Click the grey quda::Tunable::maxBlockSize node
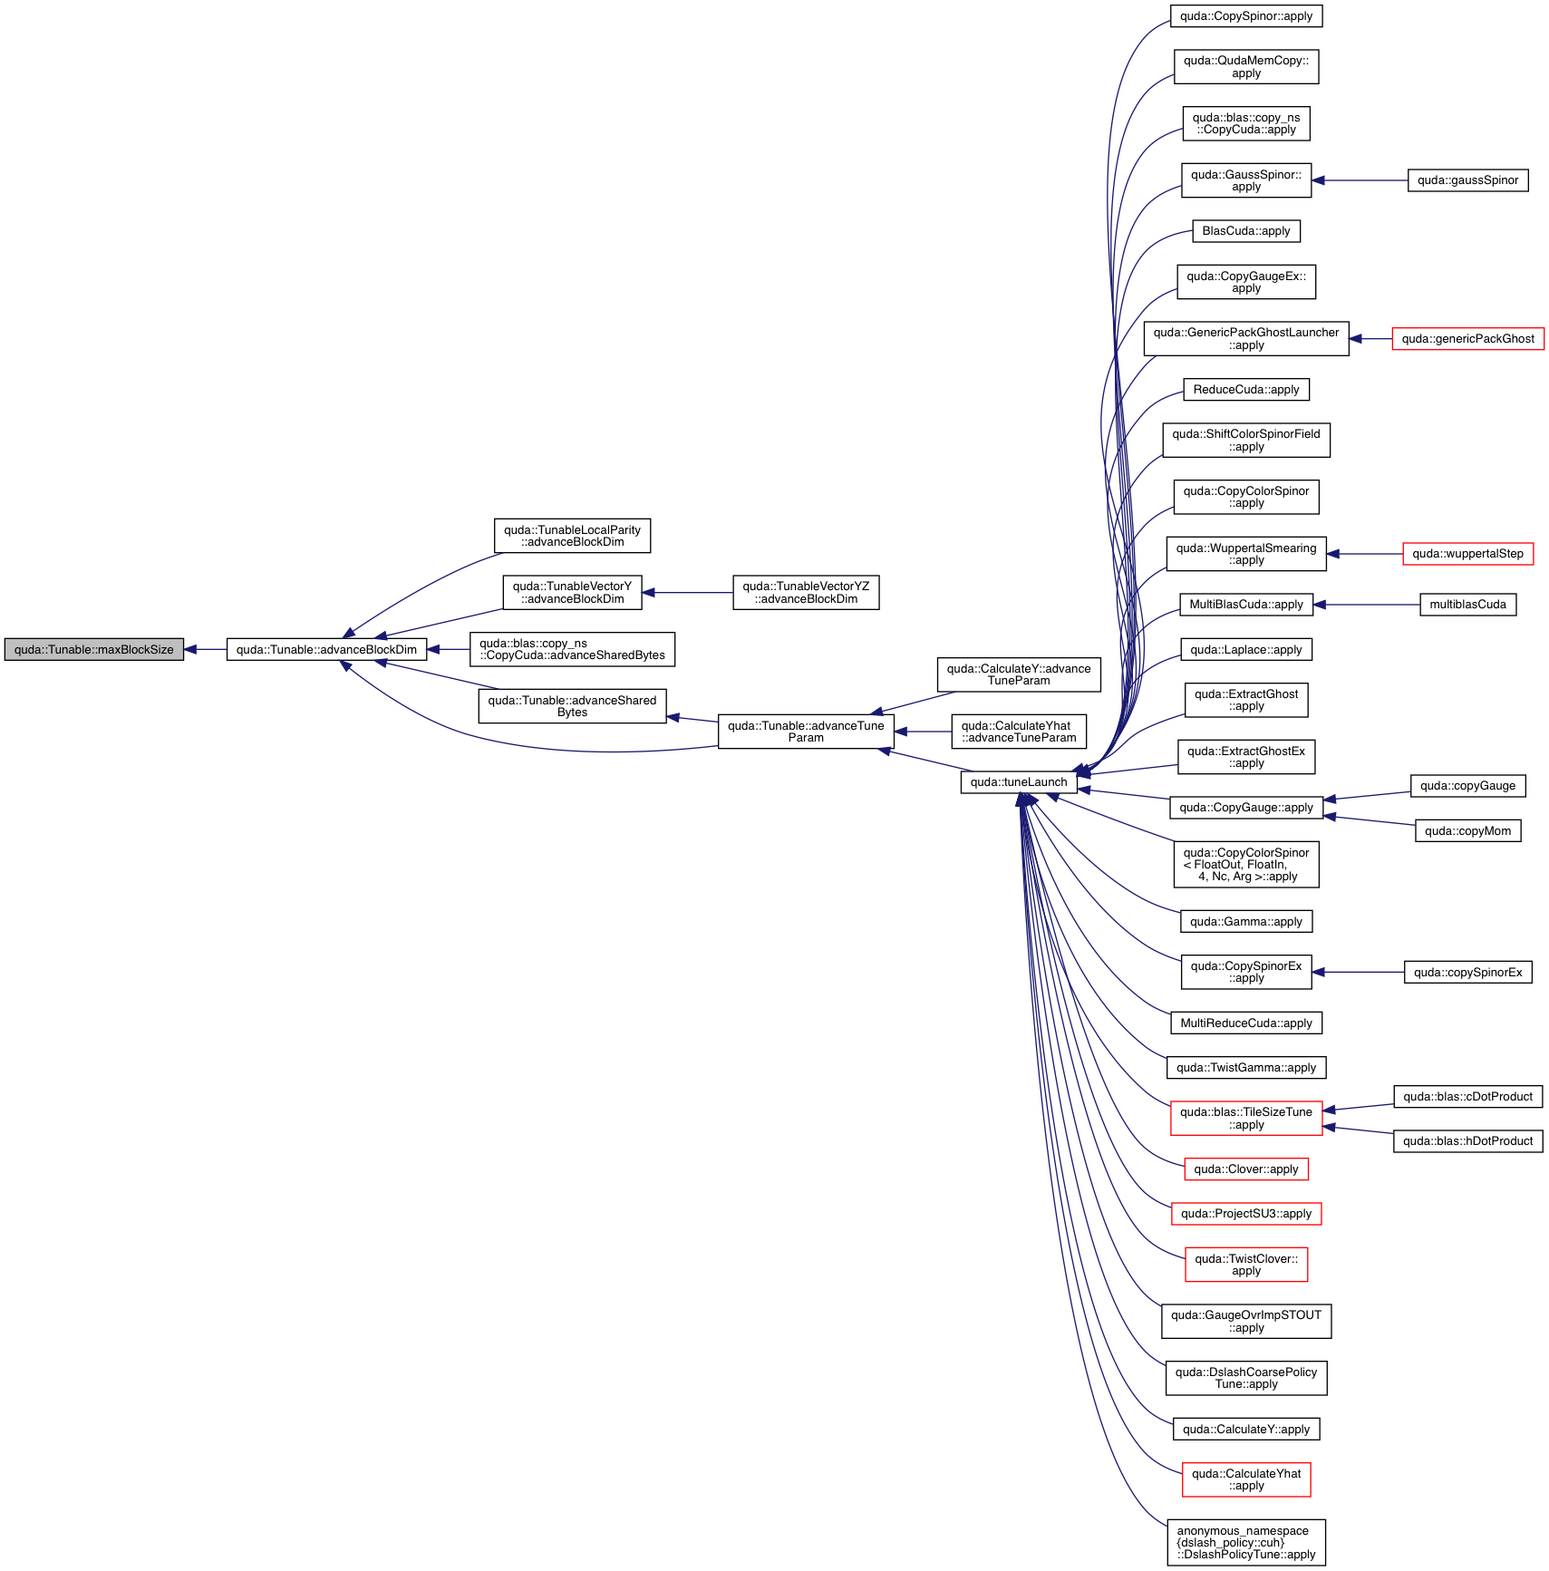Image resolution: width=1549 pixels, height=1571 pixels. pos(93,650)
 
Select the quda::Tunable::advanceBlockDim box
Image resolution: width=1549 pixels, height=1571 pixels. pos(326,650)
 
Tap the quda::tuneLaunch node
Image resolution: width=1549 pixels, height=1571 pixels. pos(1018,782)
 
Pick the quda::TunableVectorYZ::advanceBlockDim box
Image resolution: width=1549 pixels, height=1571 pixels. pos(806,593)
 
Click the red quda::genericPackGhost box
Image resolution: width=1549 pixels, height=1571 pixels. pos(1467,339)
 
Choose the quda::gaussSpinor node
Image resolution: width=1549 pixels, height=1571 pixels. pos(1467,180)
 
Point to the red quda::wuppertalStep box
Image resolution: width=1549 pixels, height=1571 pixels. pos(1467,554)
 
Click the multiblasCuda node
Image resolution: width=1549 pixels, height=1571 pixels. pos(1467,605)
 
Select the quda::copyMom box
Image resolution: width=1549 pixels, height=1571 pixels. pos(1467,831)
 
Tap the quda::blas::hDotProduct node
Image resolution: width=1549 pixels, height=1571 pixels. pos(1467,1141)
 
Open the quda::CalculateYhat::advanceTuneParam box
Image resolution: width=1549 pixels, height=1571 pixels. pos(1019,732)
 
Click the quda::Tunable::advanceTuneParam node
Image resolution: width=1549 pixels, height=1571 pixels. pos(806,732)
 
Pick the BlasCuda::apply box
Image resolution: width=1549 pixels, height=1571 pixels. pos(1246,231)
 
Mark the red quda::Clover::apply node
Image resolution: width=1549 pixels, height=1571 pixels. pos(1246,1169)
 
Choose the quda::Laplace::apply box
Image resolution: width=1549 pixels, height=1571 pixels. pos(1246,650)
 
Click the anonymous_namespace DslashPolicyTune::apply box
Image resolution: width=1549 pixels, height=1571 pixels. pos(1246,1543)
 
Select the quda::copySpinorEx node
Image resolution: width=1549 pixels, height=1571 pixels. pos(1467,973)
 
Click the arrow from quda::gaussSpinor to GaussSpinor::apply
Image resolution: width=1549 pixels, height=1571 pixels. pos(1360,180)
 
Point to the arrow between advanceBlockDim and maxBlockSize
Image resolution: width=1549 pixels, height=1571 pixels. pos(205,650)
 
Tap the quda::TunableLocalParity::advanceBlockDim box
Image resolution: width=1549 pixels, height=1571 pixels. pos(572,536)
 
